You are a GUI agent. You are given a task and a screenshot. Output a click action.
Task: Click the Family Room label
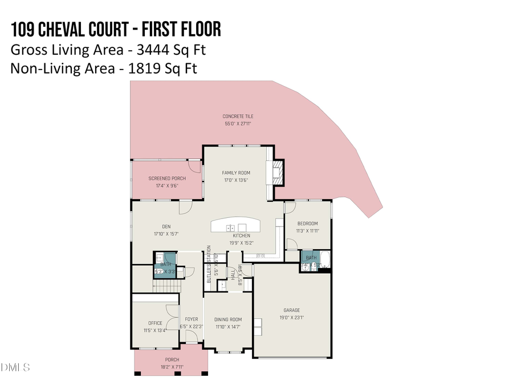click(x=235, y=173)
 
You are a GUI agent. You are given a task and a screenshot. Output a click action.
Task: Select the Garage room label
click(x=291, y=310)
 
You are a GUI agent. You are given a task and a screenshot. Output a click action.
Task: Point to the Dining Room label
click(x=228, y=319)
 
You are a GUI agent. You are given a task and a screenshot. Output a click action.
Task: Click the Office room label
click(x=155, y=323)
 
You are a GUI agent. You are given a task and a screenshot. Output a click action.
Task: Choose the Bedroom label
click(x=307, y=224)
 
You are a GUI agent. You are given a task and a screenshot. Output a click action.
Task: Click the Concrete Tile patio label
click(x=238, y=116)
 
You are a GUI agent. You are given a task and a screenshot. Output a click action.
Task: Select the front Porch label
click(x=172, y=359)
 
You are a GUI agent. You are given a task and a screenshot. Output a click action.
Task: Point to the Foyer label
click(x=191, y=319)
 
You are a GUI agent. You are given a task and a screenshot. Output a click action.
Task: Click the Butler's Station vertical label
click(x=209, y=265)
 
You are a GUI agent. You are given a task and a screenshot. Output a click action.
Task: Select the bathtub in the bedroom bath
click(x=325, y=260)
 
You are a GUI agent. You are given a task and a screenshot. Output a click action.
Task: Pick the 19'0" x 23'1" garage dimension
click(x=291, y=318)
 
